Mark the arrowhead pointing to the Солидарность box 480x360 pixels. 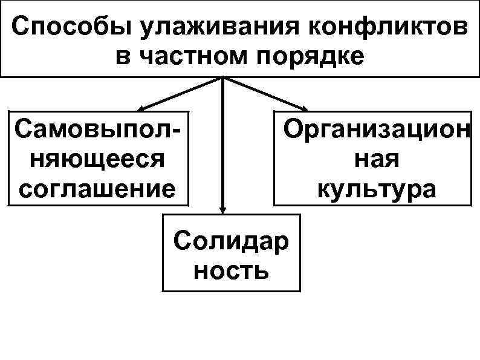(x=222, y=209)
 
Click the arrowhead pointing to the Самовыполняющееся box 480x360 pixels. (x=140, y=108)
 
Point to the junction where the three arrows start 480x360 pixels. (x=222, y=78)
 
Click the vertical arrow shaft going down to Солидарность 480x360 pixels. (x=222, y=145)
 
